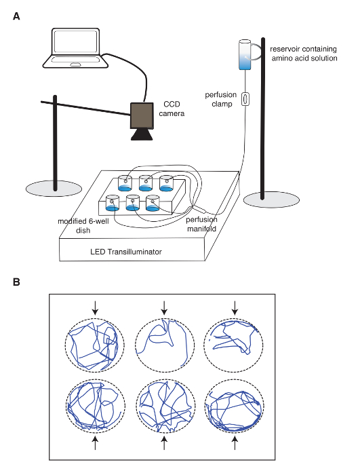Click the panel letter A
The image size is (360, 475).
pos(16,16)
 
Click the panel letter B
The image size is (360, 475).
pos(16,282)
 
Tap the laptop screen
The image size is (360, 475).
pos(75,41)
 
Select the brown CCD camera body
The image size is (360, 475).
pos(142,115)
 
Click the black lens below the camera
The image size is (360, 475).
pos(142,134)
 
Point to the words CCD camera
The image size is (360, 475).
pos(172,109)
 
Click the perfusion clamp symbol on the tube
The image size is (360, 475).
pos(245,99)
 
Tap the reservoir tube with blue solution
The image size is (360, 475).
pos(245,54)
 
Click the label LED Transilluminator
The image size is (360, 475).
pos(126,252)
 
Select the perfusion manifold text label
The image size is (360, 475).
pos(201,224)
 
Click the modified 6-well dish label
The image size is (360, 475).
pos(83,226)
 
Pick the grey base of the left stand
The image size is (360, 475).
pos(54,189)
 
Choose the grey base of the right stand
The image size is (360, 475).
pos(271,200)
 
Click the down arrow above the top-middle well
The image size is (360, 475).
pos(164,308)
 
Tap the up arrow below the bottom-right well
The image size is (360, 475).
pos(235,442)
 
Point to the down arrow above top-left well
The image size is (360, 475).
pos(95,308)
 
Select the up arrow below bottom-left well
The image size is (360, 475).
pos(95,442)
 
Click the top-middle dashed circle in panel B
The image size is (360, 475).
pos(165,319)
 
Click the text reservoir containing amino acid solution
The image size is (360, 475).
pos(304,54)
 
